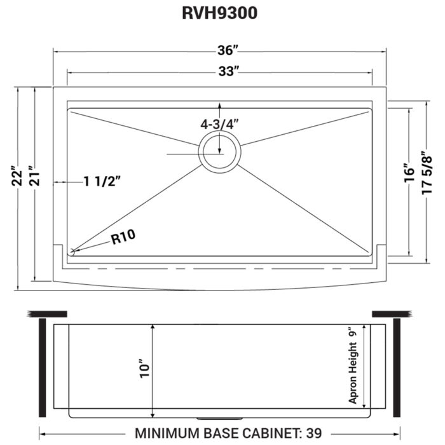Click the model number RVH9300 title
click(x=219, y=14)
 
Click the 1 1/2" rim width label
click(x=102, y=182)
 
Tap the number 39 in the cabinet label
click(x=313, y=433)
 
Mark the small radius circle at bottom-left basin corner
click(x=72, y=252)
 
